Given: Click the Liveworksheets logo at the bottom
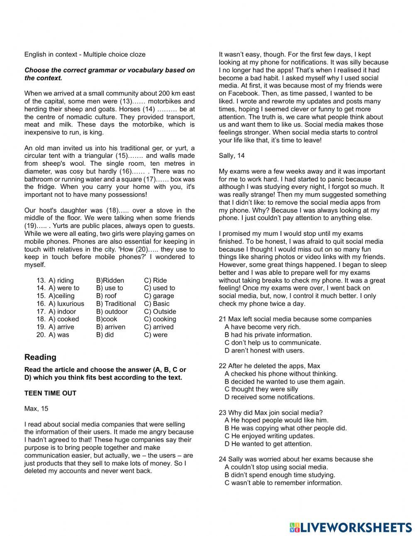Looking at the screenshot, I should click(x=351, y=527).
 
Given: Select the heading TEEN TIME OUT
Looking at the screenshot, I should click(x=50, y=393).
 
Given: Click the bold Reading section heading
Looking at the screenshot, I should click(x=40, y=357).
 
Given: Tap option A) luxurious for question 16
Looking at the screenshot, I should click(x=66, y=304).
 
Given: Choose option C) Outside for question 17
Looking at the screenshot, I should click(x=160, y=311).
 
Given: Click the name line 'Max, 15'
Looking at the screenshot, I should click(x=36, y=409).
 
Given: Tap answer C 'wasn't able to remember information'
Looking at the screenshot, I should click(x=283, y=483).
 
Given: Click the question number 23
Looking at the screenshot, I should click(x=222, y=413).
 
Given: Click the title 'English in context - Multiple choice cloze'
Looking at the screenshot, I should click(x=85, y=54).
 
